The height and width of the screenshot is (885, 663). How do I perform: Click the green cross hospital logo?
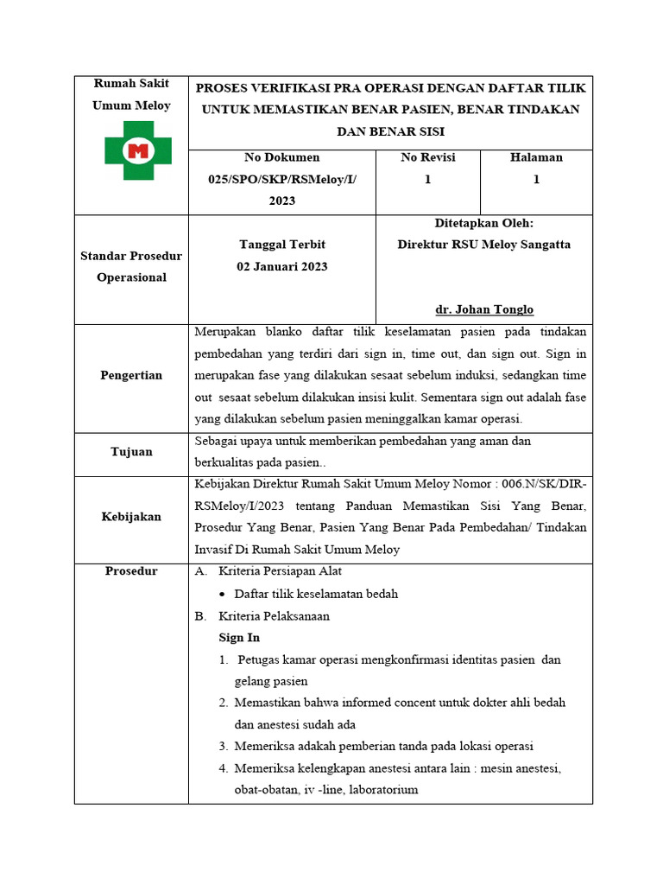(x=137, y=150)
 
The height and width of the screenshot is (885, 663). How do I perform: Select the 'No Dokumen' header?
(x=281, y=157)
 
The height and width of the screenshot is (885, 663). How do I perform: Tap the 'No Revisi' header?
(x=427, y=157)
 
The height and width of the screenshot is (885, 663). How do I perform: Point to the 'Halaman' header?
(x=536, y=157)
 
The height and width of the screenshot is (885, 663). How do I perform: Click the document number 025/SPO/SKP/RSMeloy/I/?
(x=281, y=179)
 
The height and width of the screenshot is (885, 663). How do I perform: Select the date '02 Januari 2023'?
(x=281, y=266)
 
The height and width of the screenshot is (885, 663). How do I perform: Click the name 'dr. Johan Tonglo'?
(x=484, y=309)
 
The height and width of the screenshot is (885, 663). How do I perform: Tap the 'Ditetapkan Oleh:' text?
(x=484, y=223)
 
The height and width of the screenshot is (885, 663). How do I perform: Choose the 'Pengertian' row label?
(x=130, y=375)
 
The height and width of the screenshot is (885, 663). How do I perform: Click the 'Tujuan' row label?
(x=131, y=451)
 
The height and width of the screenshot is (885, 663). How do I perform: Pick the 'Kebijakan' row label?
(x=130, y=516)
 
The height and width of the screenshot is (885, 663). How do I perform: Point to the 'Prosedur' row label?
(x=131, y=571)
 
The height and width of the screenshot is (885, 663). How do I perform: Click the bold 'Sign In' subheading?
(x=239, y=637)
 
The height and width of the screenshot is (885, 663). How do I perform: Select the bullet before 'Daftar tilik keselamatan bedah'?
(x=224, y=595)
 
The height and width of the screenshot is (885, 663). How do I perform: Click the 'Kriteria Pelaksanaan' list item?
(x=274, y=616)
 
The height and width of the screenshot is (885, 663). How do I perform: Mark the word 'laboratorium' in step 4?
(x=382, y=789)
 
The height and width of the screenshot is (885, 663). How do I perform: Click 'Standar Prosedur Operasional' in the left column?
(x=131, y=267)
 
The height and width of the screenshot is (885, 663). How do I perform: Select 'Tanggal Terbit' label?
(x=281, y=245)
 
